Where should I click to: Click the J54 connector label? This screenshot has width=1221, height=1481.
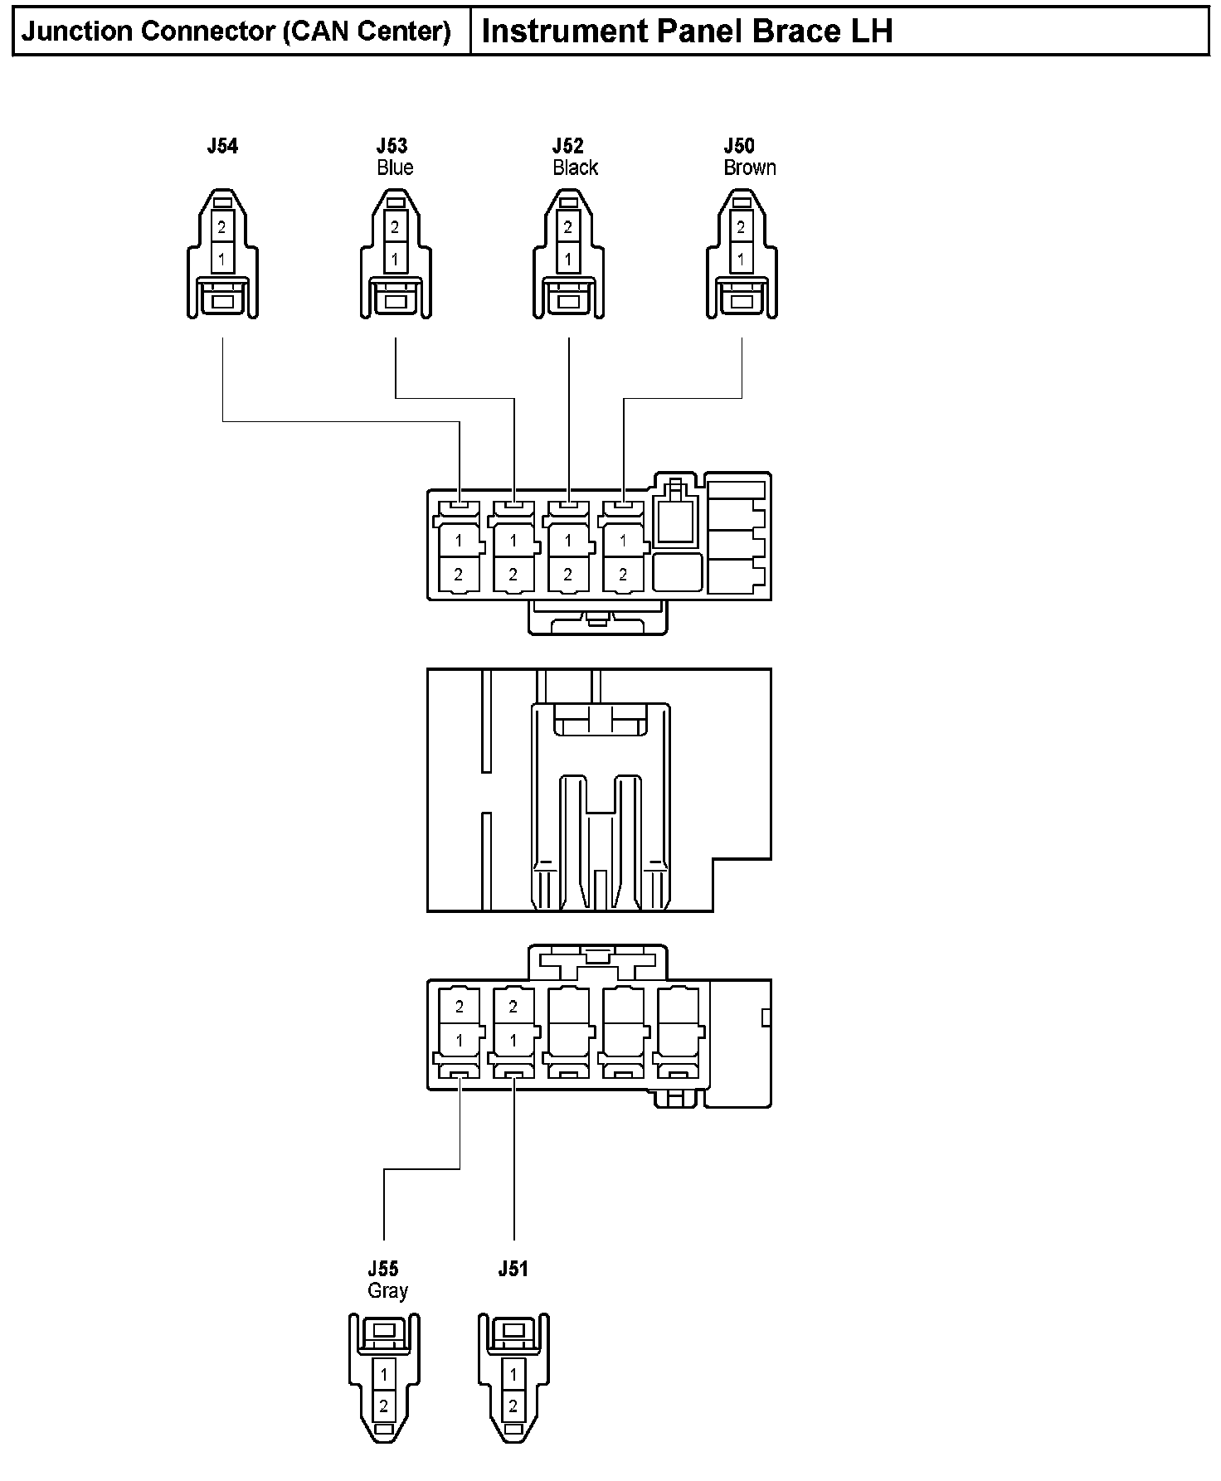(x=222, y=147)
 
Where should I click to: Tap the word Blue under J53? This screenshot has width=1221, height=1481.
(x=395, y=168)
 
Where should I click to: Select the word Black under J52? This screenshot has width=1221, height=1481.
(x=575, y=168)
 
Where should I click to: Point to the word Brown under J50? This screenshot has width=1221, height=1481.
(x=750, y=168)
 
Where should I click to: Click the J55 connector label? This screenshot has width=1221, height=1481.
(x=383, y=1269)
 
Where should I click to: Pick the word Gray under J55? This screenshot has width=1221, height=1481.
(x=387, y=1291)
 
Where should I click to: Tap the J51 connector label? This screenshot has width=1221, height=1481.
(x=513, y=1269)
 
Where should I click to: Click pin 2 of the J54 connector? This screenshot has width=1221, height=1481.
(x=221, y=227)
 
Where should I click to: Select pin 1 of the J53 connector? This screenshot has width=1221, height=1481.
(x=395, y=259)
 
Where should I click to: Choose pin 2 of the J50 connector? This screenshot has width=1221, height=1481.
(x=741, y=227)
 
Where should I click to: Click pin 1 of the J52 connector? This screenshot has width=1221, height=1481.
(x=568, y=259)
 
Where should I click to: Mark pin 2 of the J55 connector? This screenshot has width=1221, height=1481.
(x=383, y=1406)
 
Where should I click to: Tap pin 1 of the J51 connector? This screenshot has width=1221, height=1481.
(x=513, y=1375)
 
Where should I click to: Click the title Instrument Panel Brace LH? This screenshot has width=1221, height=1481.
(x=687, y=32)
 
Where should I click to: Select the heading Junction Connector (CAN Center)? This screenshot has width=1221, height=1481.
(x=236, y=32)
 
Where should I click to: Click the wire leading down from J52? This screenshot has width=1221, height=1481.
(x=569, y=415)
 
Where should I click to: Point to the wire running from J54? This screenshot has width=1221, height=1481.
(x=332, y=421)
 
